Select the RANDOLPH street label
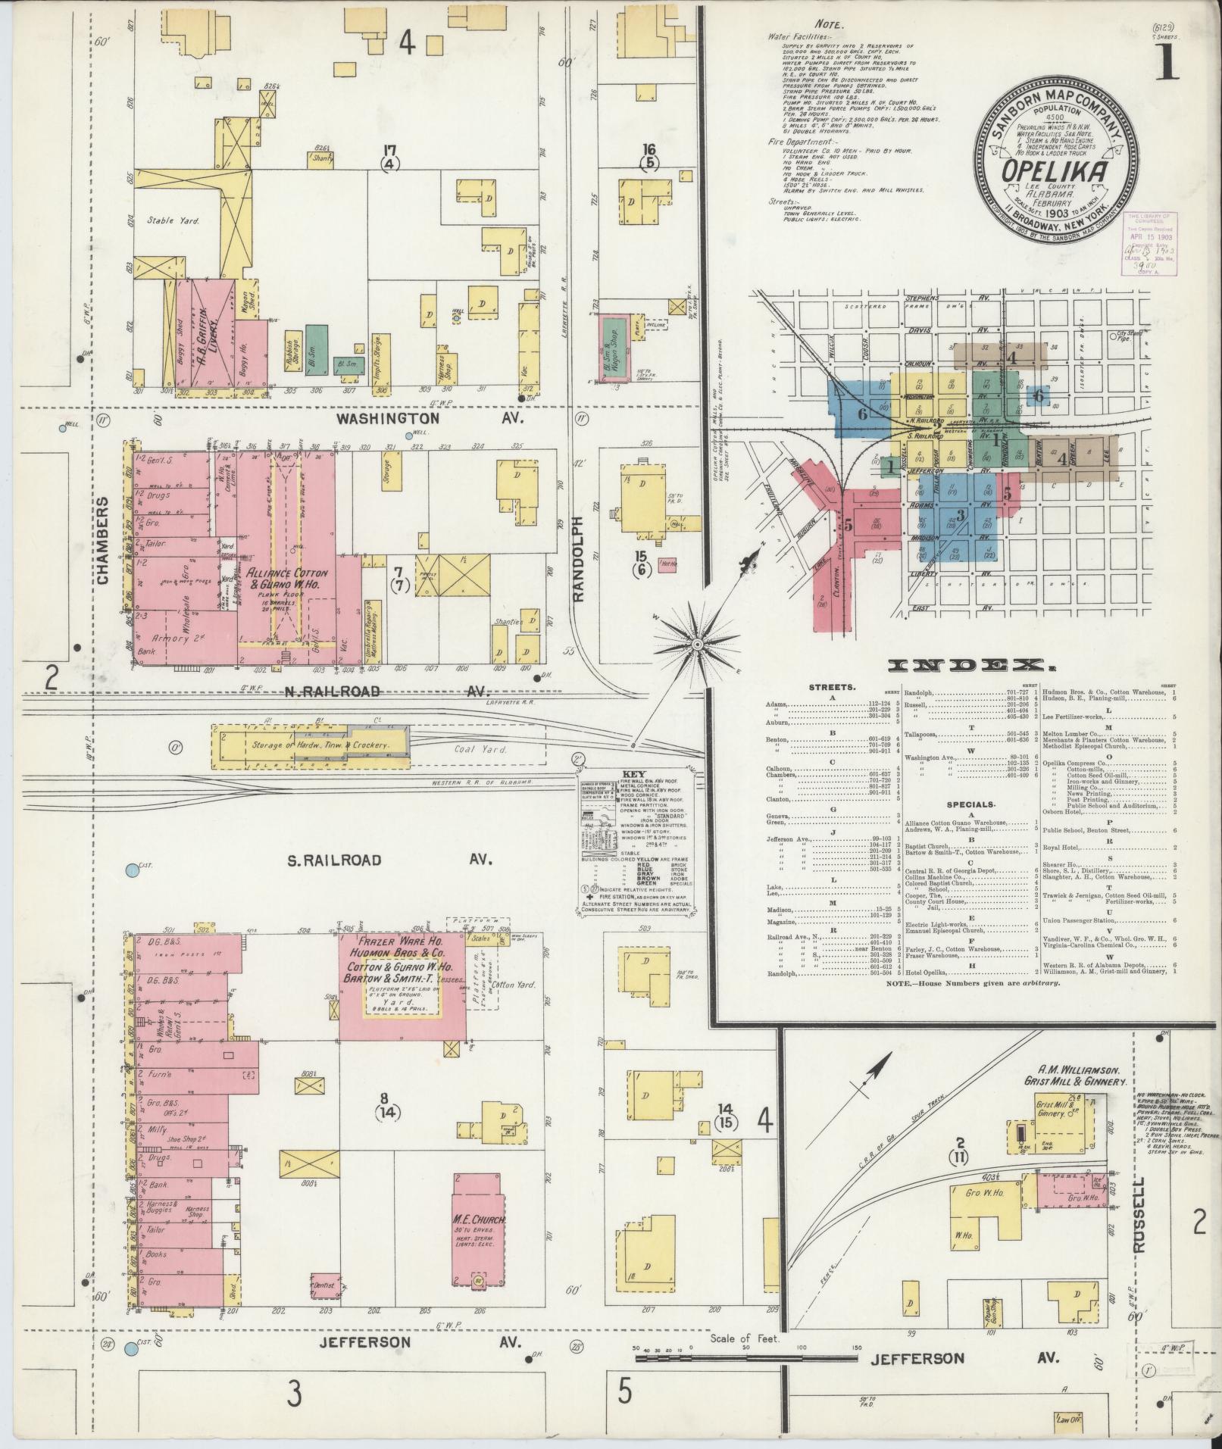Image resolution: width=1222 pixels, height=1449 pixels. (x=580, y=558)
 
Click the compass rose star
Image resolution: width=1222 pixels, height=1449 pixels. (x=696, y=645)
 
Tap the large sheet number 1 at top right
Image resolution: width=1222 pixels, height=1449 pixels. (x=1166, y=61)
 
